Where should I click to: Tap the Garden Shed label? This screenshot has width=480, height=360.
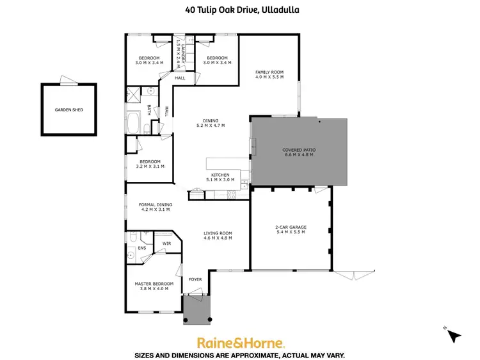[x=68, y=110]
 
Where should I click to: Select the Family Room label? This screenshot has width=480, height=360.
[x=269, y=72]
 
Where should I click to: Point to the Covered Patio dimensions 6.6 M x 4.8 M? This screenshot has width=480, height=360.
[x=300, y=155]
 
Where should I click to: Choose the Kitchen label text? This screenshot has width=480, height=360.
[x=221, y=175]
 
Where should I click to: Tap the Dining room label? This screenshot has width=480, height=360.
[x=211, y=120]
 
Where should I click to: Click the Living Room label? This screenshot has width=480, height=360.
[x=217, y=233]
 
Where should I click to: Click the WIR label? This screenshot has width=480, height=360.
[x=166, y=243]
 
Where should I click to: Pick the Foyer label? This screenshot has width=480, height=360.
[x=195, y=279]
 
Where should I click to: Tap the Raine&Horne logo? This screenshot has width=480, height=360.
[x=240, y=342]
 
